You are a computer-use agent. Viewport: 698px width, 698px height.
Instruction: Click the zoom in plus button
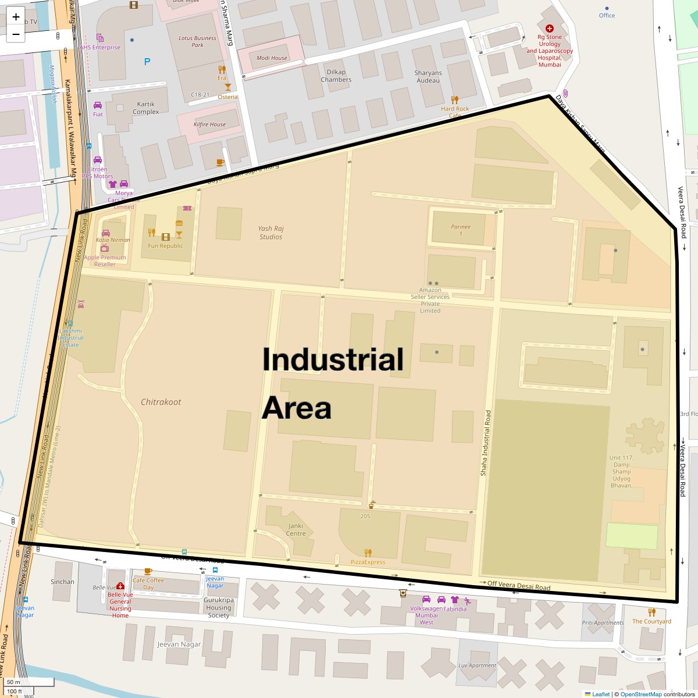16,16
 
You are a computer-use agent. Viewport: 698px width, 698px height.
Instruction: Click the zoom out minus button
16,34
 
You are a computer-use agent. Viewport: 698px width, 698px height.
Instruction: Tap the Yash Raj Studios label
270,233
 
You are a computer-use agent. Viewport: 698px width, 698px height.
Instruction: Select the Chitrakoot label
161,402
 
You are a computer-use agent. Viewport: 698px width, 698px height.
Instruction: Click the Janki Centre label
296,530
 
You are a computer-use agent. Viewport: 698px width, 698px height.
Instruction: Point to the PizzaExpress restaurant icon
368,553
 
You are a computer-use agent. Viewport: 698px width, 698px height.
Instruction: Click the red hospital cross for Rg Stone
550,28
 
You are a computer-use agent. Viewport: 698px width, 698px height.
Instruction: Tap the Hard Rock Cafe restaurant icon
455,99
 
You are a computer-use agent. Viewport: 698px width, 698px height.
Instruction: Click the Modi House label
272,58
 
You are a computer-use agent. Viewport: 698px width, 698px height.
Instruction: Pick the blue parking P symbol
147,62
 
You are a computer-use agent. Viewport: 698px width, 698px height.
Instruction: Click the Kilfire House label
209,124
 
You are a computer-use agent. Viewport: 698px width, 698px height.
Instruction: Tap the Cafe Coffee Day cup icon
148,571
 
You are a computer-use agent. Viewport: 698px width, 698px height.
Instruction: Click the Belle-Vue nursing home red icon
120,586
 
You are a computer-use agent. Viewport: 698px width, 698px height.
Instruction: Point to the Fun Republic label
165,246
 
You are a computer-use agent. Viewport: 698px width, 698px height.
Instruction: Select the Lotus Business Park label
197,41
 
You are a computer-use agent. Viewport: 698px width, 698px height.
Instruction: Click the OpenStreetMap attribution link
640,694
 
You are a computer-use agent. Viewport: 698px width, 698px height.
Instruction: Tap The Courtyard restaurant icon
652,612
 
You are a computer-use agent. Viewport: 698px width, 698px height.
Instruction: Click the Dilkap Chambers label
336,76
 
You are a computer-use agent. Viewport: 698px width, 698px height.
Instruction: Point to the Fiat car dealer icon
98,105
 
